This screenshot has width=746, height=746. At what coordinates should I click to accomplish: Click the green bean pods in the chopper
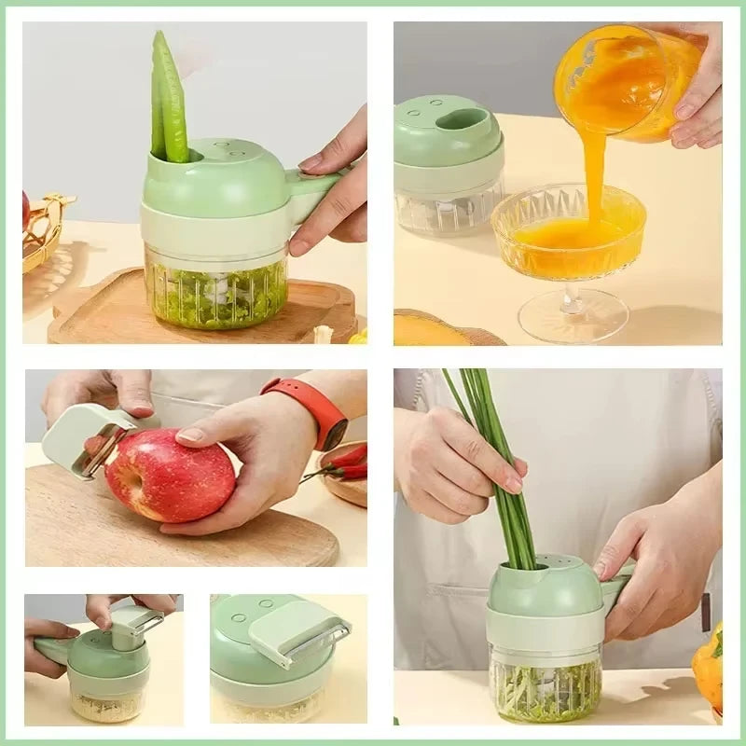click(x=170, y=98)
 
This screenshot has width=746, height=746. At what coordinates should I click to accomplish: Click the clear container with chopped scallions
click(x=546, y=685)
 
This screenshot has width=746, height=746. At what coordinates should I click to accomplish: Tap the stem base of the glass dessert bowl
click(x=573, y=317)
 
